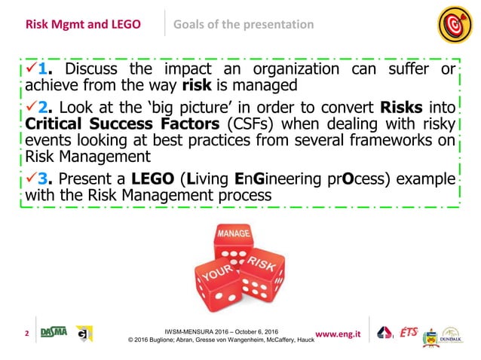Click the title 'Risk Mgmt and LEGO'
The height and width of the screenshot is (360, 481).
point(83,24)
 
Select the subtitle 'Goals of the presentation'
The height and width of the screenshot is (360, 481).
point(244,24)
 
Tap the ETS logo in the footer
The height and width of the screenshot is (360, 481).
point(409,332)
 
